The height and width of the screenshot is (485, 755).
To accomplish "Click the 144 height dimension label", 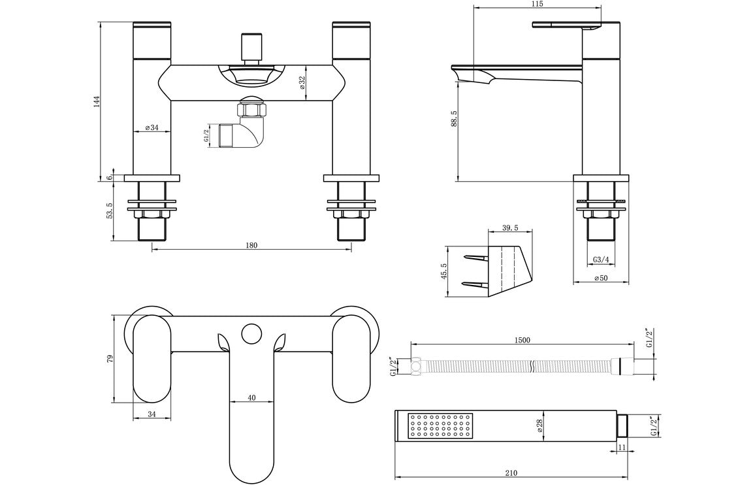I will pos(97,101).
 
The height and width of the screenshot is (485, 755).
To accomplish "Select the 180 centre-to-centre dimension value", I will pos(251,245).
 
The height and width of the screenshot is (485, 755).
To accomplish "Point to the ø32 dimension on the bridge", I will pos(301,82).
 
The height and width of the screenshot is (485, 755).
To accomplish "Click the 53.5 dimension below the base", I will pos(109,212).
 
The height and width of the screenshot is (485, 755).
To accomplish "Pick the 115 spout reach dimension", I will pos(537,5).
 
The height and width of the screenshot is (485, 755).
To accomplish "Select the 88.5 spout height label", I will pos(453,121).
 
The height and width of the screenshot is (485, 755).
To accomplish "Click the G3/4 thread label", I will pos(602,260).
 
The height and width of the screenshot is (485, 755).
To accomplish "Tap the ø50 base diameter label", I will pos(602,278).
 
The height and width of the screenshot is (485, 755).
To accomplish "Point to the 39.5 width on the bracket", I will pos(510,227).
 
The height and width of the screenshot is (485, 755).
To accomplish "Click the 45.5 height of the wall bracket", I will pos(443,271).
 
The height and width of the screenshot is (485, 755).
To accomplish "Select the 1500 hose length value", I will pos(522,339).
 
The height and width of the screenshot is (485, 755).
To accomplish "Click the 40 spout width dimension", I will pos(251,397).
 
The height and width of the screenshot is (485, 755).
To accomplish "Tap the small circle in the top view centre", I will pos(250,334).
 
